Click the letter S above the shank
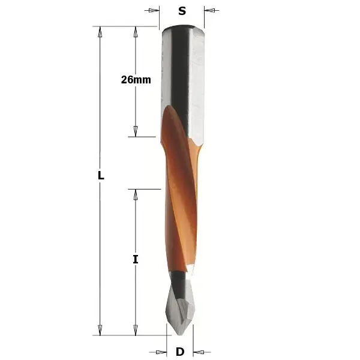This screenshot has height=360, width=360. pos(182,10)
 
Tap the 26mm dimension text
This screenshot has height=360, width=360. pos(136,79)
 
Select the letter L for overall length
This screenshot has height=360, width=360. pos(101,176)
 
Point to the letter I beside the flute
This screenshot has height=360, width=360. pos(136,259)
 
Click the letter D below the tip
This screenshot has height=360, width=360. pos(180,352)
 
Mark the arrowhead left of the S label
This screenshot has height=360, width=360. pos(155,10)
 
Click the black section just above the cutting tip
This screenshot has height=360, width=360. pos(178,279)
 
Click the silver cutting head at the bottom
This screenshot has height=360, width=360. pos(180,306)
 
